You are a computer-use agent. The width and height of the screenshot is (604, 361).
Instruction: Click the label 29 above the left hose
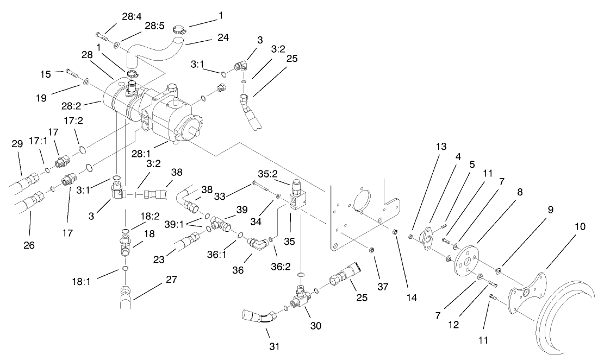click(x=17, y=144)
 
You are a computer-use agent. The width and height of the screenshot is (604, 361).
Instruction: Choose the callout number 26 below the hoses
click(x=29, y=245)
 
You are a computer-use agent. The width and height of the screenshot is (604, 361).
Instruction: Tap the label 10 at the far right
click(x=580, y=226)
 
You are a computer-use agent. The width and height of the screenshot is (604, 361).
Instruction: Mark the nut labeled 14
click(x=395, y=232)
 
